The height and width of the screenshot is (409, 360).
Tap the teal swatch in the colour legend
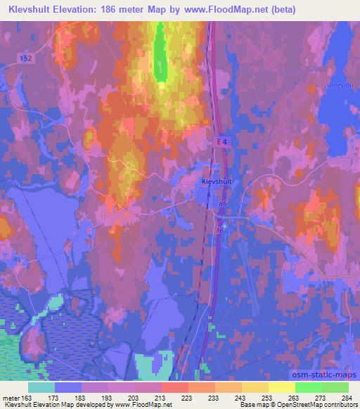click(x=41, y=387)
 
